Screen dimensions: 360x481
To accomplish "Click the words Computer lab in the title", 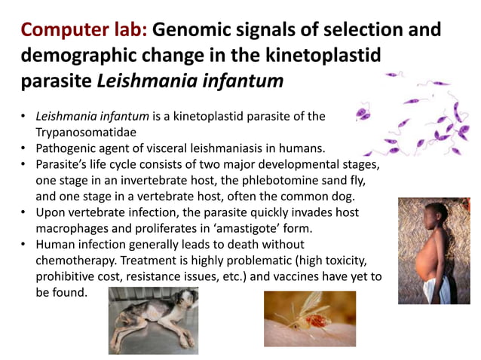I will [84, 31].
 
